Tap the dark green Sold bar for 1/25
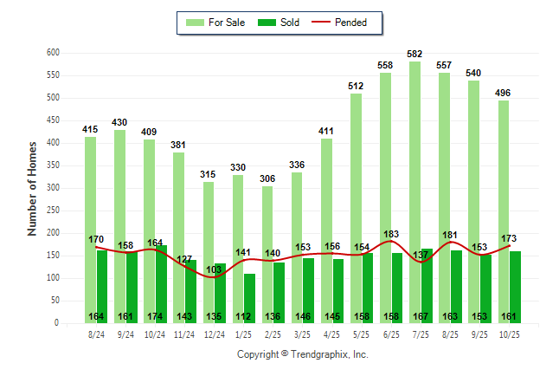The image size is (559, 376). pyautogui.click(x=250, y=295)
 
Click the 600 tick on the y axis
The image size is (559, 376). pyautogui.click(x=53, y=53)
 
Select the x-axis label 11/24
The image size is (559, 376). pyautogui.click(x=184, y=334)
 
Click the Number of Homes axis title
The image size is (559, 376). pyautogui.click(x=32, y=188)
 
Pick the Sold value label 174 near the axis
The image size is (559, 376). pyautogui.click(x=156, y=316)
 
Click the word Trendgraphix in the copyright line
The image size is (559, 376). pyautogui.click(x=318, y=354)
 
